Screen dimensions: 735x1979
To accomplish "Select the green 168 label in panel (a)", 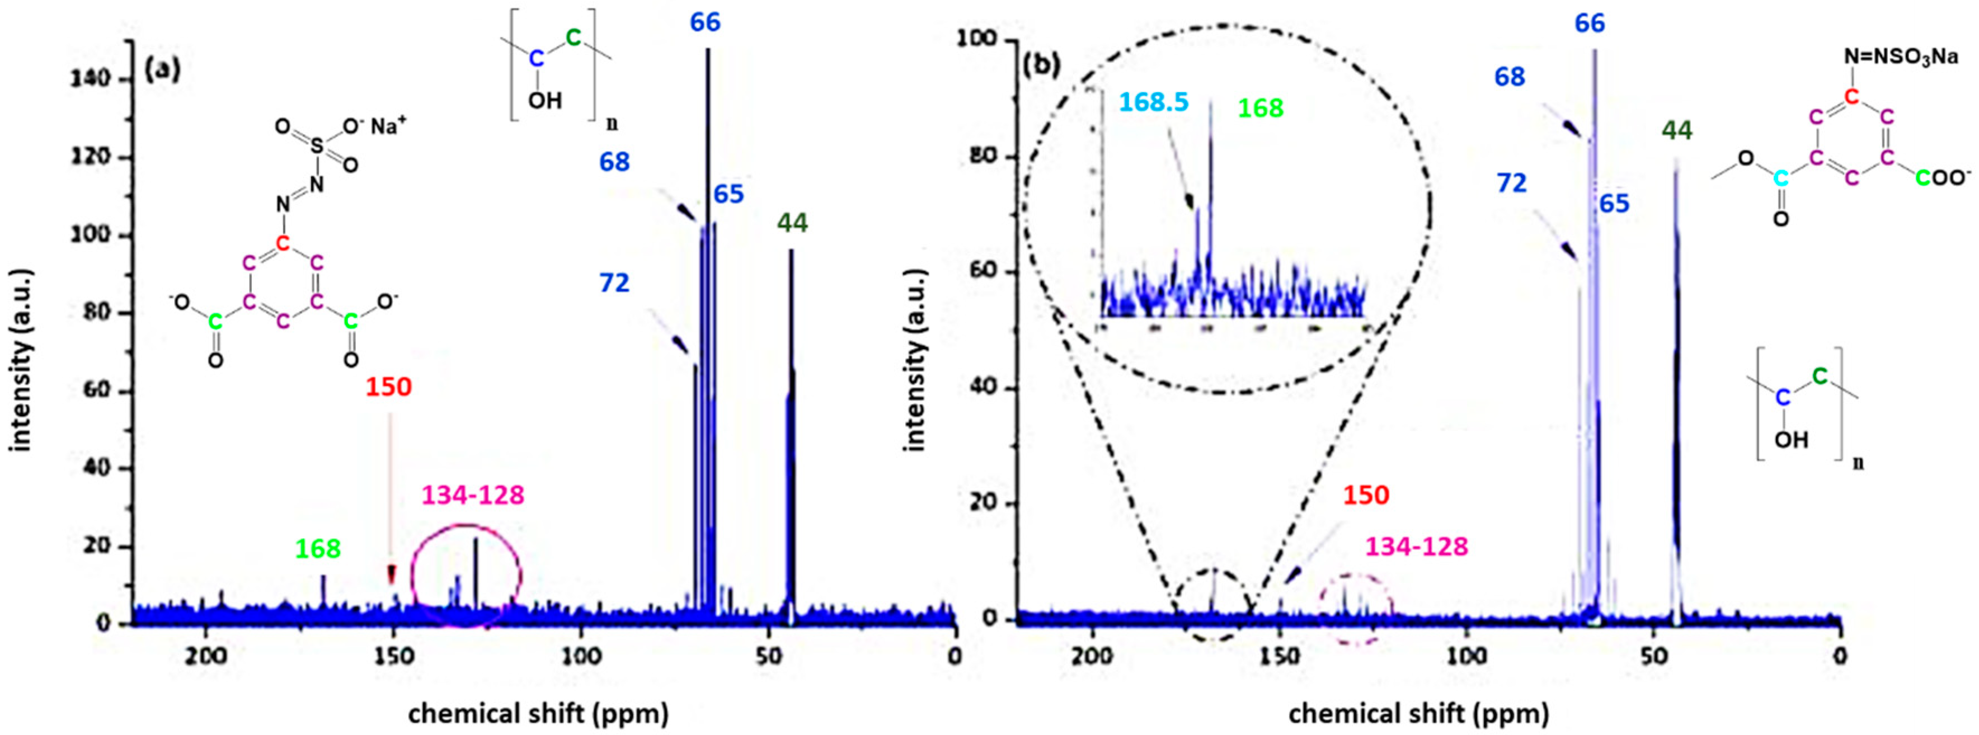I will coord(318,549).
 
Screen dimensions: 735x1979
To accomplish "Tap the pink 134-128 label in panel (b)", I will coord(1416,546).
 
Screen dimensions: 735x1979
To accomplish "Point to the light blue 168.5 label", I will coord(1153,102).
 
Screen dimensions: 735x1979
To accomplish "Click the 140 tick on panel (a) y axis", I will coord(91,79).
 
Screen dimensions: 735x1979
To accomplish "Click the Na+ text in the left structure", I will coord(388,126).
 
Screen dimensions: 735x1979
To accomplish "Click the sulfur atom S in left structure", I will coord(317,146).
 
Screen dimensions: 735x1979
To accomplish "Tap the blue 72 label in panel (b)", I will coord(1511,183).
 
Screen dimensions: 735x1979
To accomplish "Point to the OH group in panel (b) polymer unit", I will coord(1791,440).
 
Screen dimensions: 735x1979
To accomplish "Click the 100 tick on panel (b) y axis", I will coord(977,39).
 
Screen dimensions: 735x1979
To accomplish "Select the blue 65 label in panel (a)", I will coord(728,194).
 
